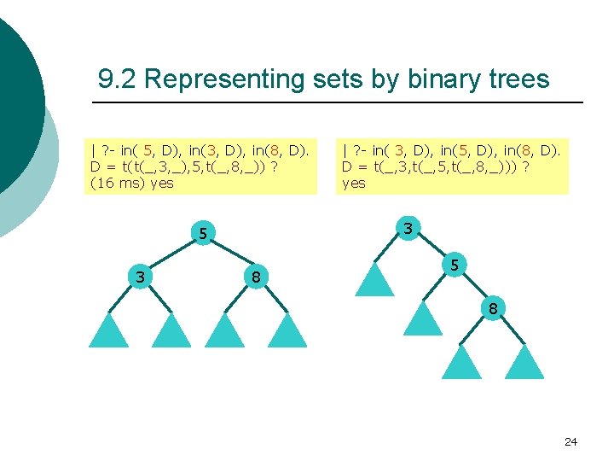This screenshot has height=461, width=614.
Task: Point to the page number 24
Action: point(571,441)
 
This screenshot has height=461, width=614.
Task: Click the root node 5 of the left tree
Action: point(202,233)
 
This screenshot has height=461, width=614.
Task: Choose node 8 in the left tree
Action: point(255,276)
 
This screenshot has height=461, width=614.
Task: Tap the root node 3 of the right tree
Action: point(408,228)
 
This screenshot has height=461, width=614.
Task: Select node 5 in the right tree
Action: point(455,266)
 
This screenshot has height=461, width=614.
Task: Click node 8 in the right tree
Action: point(493,309)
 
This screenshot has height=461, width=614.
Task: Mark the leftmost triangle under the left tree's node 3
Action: point(108,333)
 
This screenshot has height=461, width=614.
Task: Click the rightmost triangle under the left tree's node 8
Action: point(287,333)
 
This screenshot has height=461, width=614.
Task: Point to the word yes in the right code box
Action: point(353,183)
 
